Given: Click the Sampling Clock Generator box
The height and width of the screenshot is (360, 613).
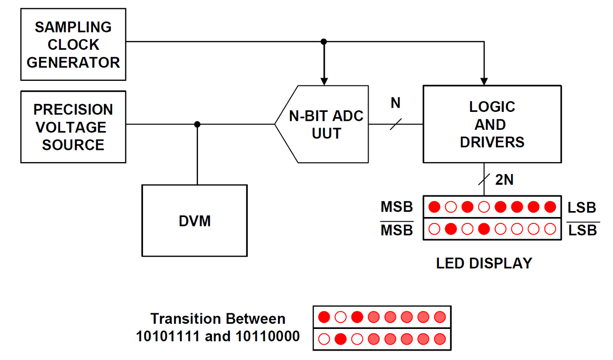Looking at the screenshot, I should pos(73,44).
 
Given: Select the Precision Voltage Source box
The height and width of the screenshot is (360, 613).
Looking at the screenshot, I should pos(73,127).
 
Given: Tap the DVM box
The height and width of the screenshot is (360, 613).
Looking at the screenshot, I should pos(195,220).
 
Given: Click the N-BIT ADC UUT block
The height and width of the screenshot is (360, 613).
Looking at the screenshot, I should pos(326,124).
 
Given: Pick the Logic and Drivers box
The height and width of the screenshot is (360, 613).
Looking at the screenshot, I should pos(492,124).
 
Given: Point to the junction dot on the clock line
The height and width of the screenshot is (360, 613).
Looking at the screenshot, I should pos(324,42).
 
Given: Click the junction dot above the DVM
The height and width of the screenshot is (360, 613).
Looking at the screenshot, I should pos(197,124).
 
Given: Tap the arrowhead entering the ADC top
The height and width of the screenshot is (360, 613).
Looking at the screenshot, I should pos(324,81).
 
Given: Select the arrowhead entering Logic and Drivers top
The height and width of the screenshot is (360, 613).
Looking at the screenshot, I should pos(484,81).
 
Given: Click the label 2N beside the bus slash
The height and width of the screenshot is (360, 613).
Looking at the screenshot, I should pos(504,180).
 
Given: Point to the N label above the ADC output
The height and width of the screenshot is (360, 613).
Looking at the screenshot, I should pos(395,103).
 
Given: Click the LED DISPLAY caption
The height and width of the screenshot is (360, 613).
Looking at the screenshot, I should pos(484,263).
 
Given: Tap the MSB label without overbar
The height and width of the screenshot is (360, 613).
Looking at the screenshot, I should pos(397,207).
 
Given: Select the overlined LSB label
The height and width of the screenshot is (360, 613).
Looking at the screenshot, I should pos(583,230).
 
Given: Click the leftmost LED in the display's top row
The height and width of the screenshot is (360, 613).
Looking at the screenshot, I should pos(434,207).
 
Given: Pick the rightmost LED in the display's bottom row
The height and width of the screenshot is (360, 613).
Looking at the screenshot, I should pos(550,229).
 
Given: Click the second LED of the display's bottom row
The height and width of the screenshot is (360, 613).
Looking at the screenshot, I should pos(451,229).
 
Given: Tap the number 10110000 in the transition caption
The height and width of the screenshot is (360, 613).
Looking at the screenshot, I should pos(267,336).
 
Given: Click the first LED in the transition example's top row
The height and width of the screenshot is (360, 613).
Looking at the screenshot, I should pos(324,317).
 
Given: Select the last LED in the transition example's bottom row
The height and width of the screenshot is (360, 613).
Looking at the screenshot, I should pos(440,339).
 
